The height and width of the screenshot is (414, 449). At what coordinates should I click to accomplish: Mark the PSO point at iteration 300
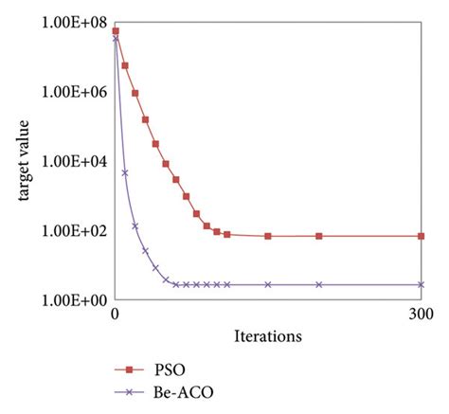(x=421, y=236)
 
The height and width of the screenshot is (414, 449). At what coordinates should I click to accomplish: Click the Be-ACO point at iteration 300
(x=421, y=284)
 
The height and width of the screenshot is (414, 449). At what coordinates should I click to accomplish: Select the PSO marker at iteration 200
(x=319, y=236)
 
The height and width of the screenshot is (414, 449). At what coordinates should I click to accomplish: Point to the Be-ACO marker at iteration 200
(x=319, y=284)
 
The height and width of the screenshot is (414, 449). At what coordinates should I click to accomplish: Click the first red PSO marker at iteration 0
(x=116, y=31)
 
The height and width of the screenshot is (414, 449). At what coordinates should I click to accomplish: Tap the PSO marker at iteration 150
(x=268, y=236)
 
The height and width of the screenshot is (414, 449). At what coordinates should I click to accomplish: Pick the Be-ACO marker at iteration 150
(x=268, y=284)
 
